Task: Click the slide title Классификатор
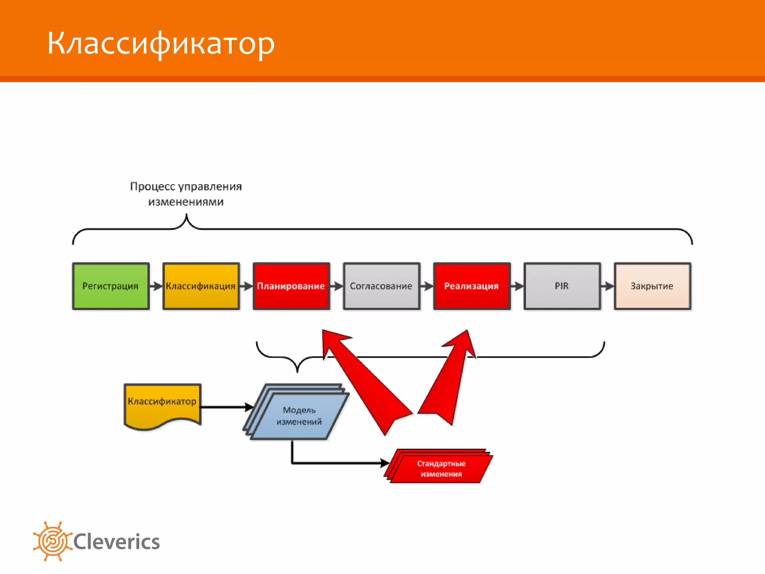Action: pyautogui.click(x=161, y=43)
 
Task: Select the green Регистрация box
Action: pyautogui.click(x=111, y=286)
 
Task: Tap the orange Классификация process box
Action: pyautogui.click(x=201, y=286)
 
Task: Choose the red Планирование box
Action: pyautogui.click(x=291, y=286)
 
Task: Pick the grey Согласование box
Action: pyautogui.click(x=381, y=286)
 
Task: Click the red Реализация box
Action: pyautogui.click(x=472, y=286)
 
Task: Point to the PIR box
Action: pyautogui.click(x=562, y=286)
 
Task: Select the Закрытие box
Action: pyautogui.click(x=652, y=286)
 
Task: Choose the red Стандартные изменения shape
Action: pyautogui.click(x=441, y=468)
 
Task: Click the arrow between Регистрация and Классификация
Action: pyautogui.click(x=156, y=286)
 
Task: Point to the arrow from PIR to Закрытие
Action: pyautogui.click(x=607, y=286)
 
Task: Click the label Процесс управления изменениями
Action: pyautogui.click(x=186, y=194)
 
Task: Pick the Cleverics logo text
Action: pyautogui.click(x=117, y=542)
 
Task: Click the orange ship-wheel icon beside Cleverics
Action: pyautogui.click(x=52, y=541)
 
